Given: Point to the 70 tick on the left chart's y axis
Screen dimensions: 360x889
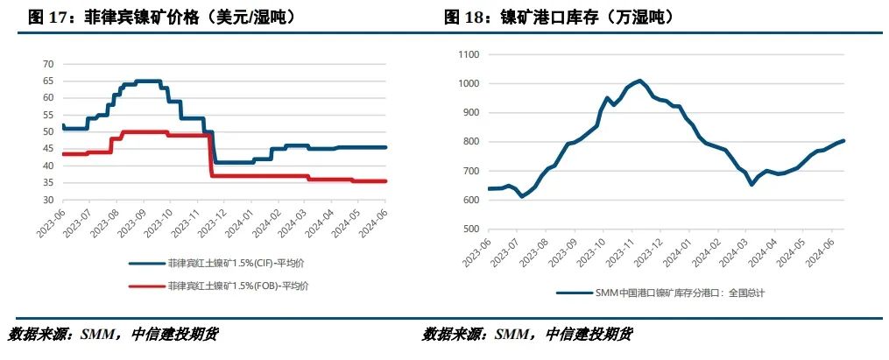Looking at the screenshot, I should pos(48,64).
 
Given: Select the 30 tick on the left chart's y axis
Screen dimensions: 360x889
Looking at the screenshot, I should pos(48,200).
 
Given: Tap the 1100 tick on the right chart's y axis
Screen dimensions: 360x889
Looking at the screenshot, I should pos(469,54).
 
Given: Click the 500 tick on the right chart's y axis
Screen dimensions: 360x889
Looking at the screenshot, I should pos(471,229).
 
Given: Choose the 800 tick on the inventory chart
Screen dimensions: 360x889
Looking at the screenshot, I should pos(471,142).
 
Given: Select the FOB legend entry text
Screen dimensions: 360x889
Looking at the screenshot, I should pos(237,286).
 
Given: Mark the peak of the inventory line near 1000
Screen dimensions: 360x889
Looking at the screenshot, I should pos(639,81).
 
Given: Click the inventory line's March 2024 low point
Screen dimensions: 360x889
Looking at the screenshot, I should pos(751,184).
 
